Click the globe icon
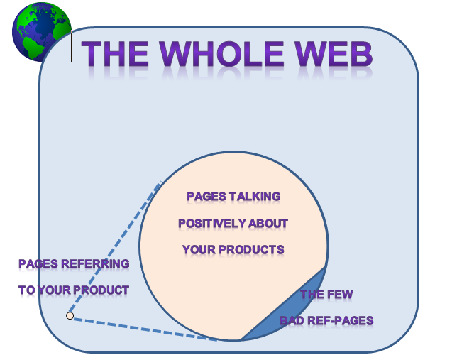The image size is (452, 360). coord(42,32)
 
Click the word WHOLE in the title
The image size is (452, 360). coord(221,54)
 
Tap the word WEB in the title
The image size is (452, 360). coord(334,54)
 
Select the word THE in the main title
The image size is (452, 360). coord(115,54)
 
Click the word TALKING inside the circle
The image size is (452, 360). coord(255,197)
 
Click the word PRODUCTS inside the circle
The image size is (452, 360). coord(251,249)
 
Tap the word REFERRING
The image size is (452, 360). coord(95,263)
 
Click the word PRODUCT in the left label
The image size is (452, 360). coord(105,290)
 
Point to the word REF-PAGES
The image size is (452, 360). coord(341,320)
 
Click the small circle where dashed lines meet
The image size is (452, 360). coord(70,315)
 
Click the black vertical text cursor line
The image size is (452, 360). coord(72,46)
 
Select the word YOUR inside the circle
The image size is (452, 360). coord(199,249)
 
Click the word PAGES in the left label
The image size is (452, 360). coord(38,263)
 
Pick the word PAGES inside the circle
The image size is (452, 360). coord(206,197)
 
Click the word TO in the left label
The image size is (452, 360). coord(27,290)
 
